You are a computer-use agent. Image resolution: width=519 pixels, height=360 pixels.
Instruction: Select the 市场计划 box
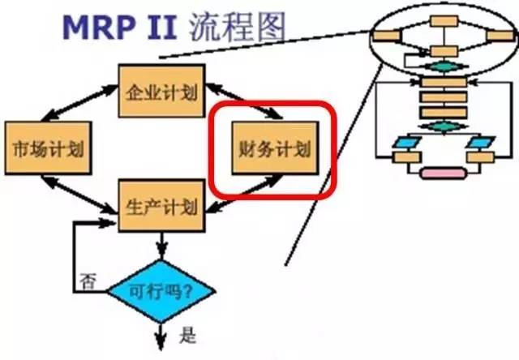(44, 150)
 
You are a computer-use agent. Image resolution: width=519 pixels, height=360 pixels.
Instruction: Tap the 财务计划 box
(273, 149)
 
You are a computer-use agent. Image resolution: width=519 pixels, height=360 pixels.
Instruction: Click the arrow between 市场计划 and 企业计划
(80, 105)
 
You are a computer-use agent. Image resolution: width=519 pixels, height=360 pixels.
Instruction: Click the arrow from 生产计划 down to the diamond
(161, 243)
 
